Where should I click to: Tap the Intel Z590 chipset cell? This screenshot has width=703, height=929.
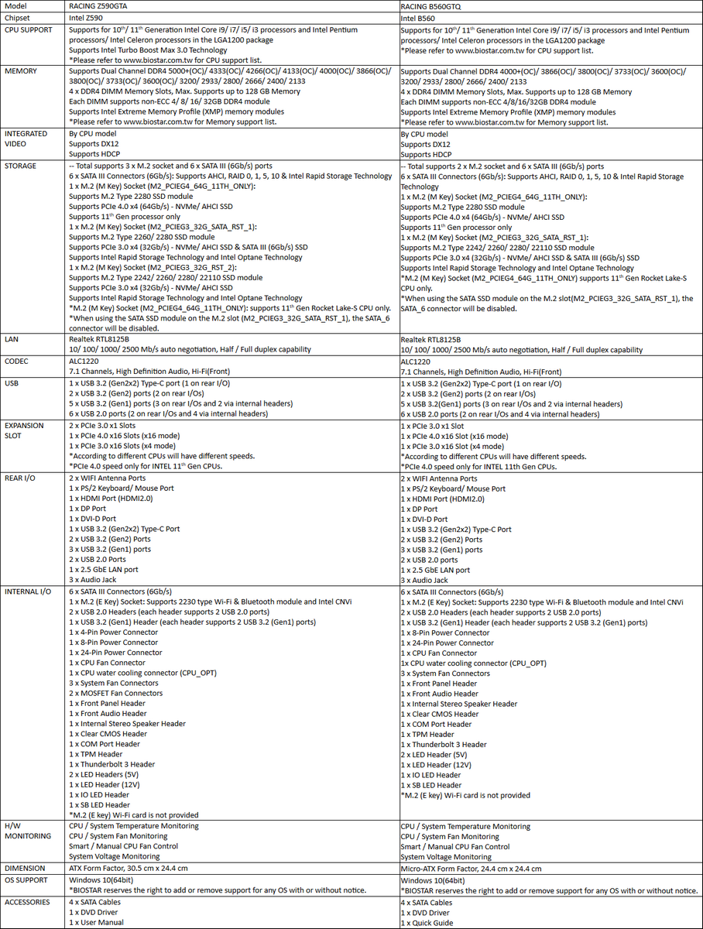(88, 17)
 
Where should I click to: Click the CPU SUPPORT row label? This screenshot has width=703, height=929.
(28, 30)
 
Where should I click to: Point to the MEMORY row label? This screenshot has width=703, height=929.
(21, 71)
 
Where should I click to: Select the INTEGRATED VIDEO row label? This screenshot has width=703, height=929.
(26, 139)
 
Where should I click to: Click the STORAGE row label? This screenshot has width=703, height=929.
(22, 166)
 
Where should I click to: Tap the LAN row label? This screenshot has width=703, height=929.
(12, 339)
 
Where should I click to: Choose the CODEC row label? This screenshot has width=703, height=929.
(16, 361)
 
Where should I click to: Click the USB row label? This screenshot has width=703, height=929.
(12, 383)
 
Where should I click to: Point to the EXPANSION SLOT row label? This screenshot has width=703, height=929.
(26, 431)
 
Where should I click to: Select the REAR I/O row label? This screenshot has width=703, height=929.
(21, 478)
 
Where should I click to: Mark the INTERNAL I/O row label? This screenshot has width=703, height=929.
(28, 591)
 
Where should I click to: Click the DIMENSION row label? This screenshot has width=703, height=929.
(25, 869)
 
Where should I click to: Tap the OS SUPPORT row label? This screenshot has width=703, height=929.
(26, 880)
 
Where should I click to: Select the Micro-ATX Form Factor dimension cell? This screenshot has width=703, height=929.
(471, 869)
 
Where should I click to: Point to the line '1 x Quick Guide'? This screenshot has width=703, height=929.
(427, 923)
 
